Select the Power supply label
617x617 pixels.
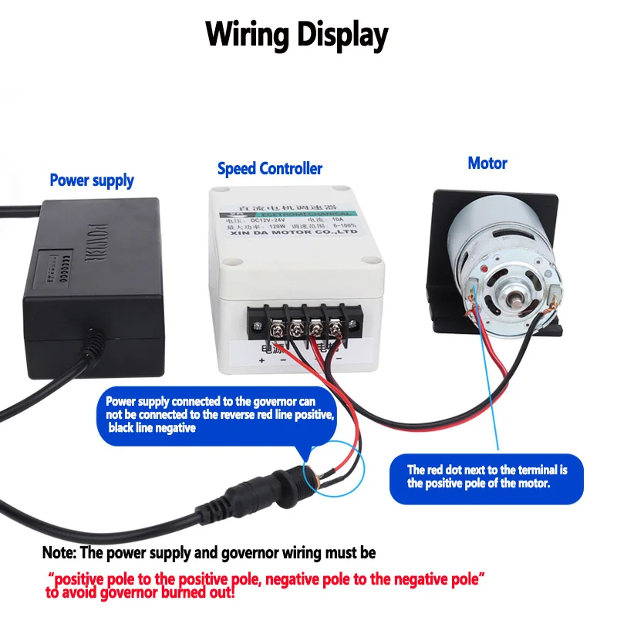tap(92, 180)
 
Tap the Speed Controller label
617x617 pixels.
tap(270, 168)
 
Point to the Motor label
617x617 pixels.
tap(487, 164)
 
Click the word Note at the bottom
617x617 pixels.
tap(56, 553)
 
